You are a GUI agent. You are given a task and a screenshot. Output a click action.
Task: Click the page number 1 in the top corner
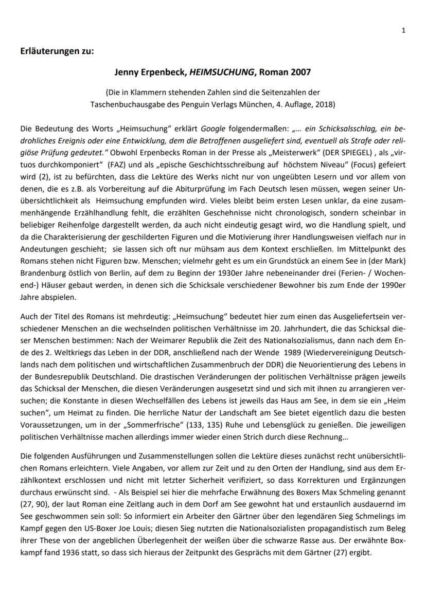tap(404, 30)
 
